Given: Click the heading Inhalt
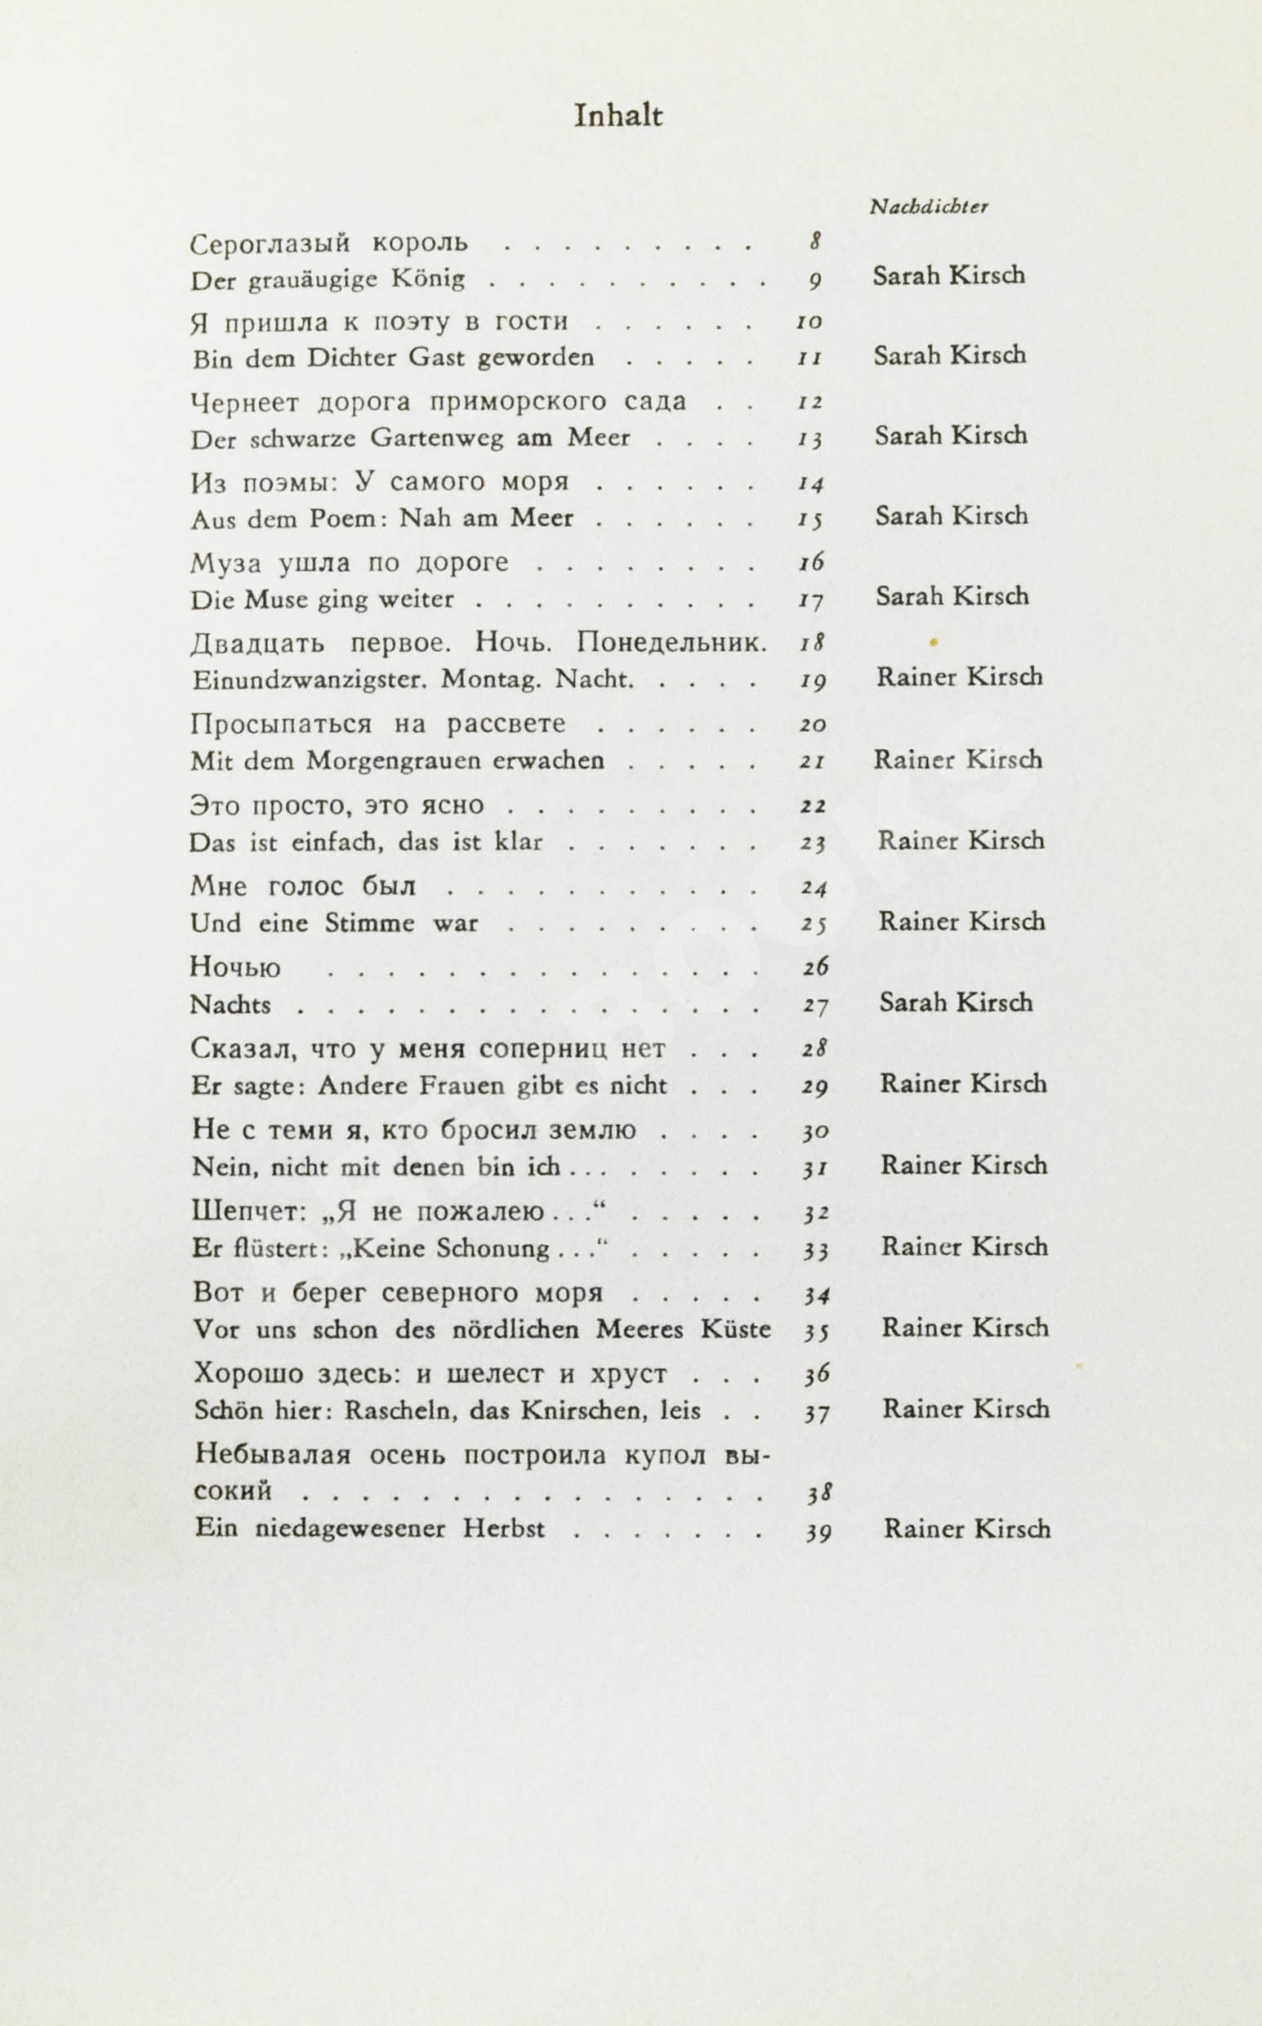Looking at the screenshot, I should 618,116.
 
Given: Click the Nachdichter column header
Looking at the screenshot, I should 928,207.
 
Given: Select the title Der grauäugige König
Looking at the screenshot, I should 328,279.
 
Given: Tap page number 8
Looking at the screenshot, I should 815,242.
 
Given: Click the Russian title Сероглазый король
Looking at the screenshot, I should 329,243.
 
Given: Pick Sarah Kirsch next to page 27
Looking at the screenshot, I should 955,1002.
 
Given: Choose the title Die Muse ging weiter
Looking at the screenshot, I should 322,600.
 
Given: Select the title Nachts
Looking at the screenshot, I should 230,1004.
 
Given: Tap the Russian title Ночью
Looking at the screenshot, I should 235,967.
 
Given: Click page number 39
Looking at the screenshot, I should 818,1532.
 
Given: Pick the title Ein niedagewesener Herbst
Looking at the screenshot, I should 370,1529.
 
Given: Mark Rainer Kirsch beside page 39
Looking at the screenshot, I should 966,1528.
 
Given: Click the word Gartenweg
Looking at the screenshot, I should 436,438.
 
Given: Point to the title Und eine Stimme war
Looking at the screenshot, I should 334,923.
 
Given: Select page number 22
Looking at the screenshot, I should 813,805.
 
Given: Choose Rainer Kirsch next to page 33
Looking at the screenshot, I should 964,1247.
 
